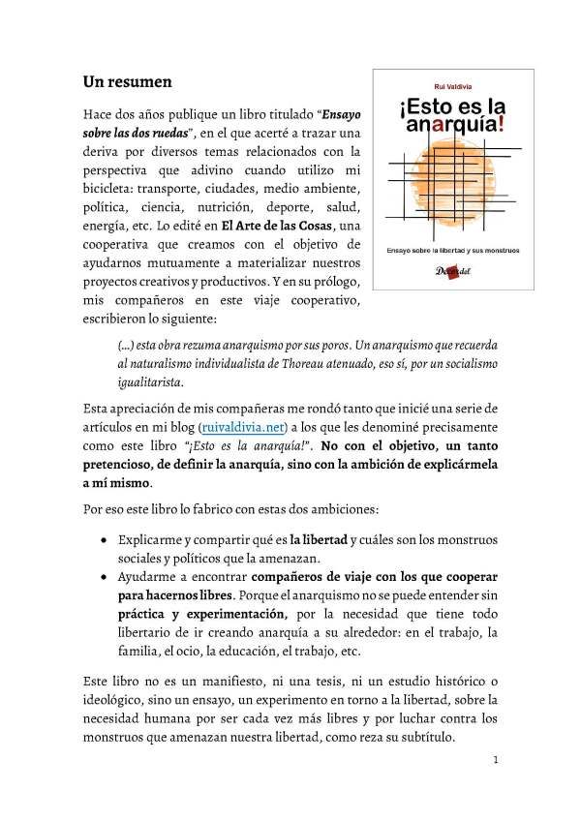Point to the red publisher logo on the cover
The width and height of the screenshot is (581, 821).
(x=447, y=274)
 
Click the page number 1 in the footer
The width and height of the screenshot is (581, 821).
(x=495, y=760)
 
